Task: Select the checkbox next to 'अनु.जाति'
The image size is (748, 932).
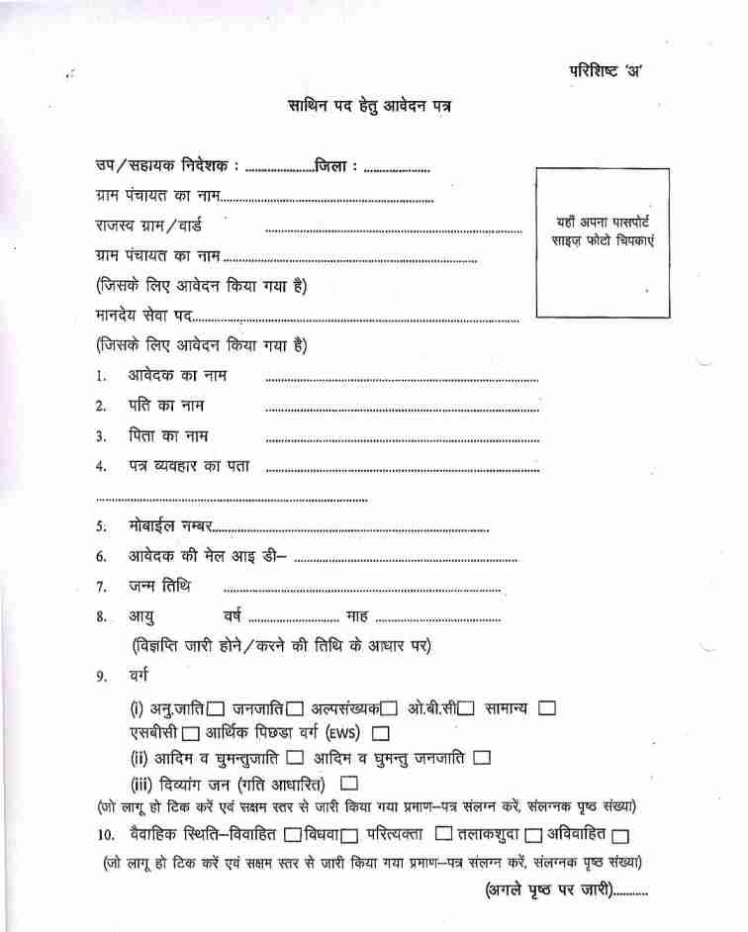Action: (217, 709)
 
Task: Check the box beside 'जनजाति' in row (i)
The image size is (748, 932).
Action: (294, 709)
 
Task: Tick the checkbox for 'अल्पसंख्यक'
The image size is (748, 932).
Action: (390, 709)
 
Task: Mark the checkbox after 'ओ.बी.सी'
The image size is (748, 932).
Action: (467, 709)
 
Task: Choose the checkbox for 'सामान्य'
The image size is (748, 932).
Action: (547, 708)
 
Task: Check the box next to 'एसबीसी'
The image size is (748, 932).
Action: (191, 734)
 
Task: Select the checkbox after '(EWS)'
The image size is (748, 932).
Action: (381, 734)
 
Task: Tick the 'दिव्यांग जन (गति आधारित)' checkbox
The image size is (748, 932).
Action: (348, 785)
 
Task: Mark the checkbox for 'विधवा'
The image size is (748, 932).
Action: (348, 836)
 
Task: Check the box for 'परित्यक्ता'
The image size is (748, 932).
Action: (444, 835)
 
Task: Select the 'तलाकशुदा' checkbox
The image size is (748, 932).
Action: (534, 836)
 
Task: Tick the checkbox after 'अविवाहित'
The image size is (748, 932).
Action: (633, 836)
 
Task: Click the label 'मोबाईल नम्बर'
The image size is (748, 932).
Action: (169, 528)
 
